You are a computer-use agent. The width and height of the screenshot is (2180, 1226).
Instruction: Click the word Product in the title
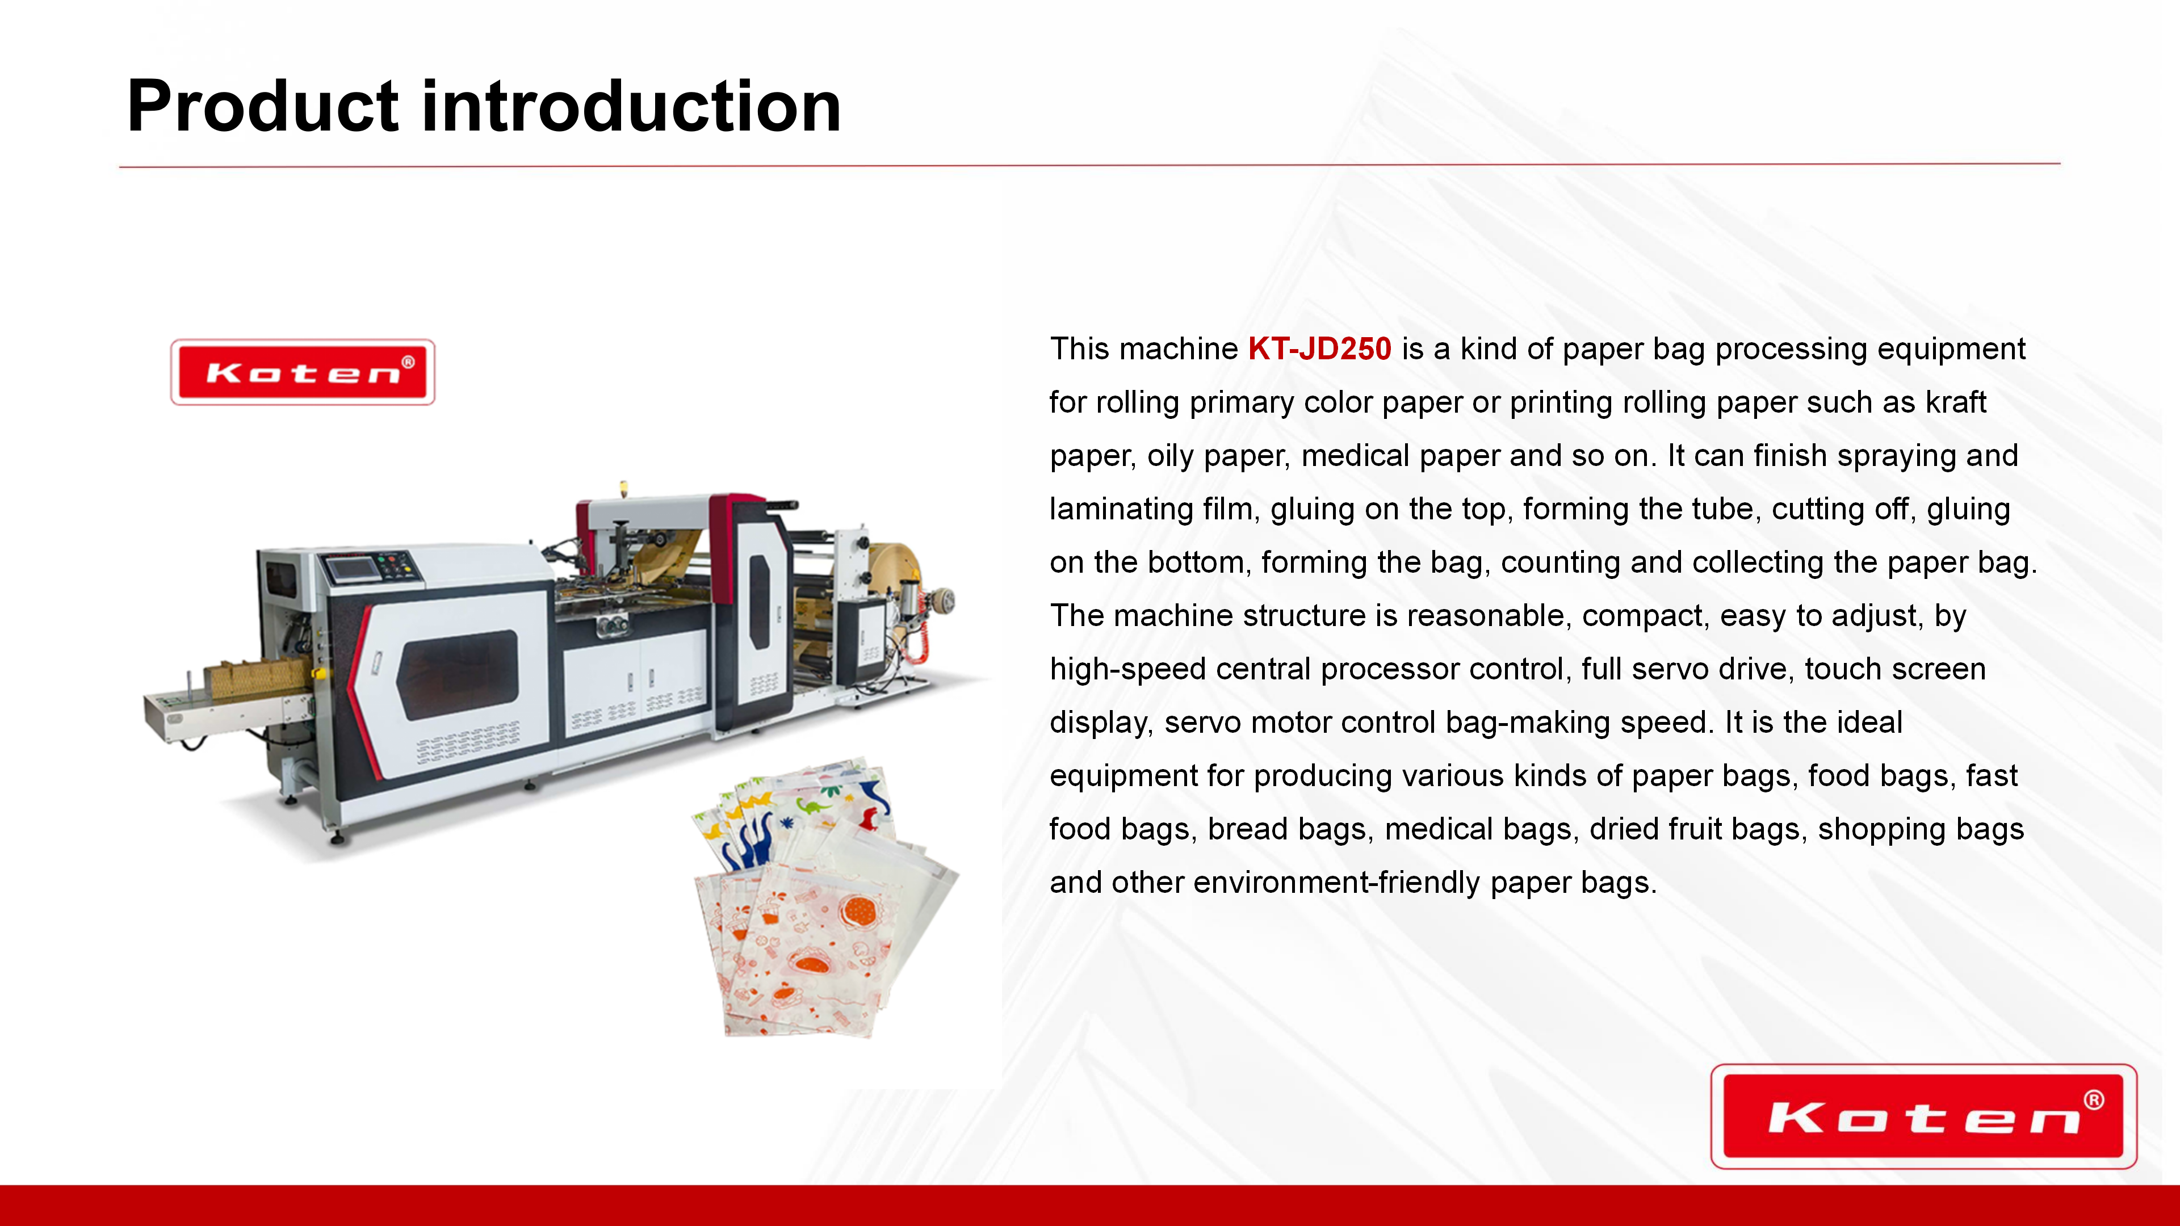click(x=262, y=107)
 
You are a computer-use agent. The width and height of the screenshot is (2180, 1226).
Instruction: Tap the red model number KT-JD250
click(x=1319, y=349)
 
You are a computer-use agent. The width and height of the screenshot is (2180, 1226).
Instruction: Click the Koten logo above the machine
click(x=303, y=372)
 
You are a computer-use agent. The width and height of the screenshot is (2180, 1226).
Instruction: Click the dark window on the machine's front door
click(x=458, y=674)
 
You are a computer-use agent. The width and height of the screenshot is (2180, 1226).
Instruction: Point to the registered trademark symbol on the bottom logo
click(x=2094, y=1100)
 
